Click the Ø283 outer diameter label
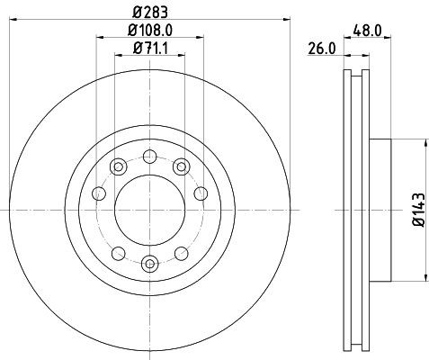point(149,12)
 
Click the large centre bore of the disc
point(149,208)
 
